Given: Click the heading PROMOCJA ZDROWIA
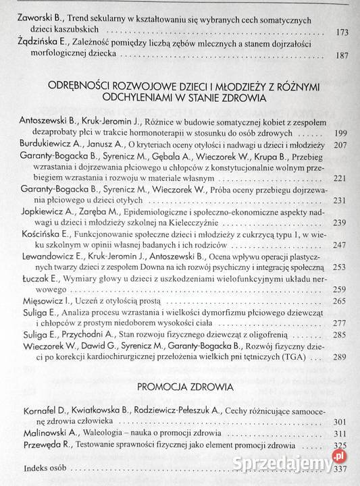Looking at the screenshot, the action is tap(180, 389).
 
